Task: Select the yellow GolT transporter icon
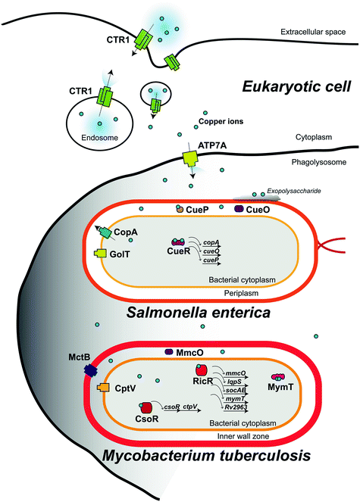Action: point(99,253)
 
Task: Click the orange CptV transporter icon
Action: point(105,388)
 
